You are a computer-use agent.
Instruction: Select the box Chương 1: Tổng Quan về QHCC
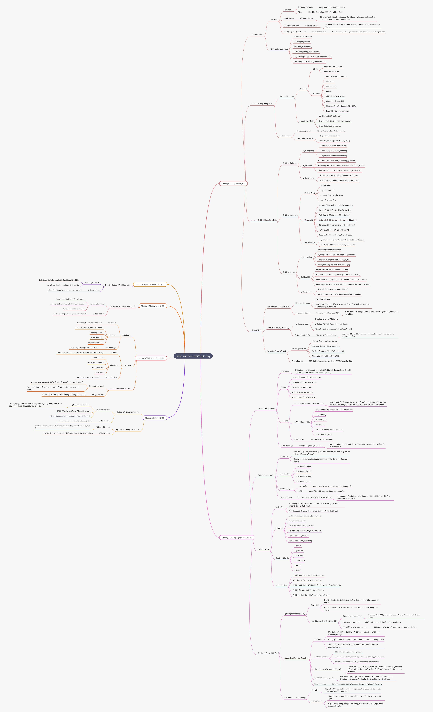(x=233, y=183)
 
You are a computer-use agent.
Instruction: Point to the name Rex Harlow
(x=288, y=10)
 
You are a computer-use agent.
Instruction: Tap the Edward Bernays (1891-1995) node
(x=278, y=328)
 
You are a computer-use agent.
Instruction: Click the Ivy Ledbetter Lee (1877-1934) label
(x=278, y=307)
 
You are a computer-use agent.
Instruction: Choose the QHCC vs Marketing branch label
(x=290, y=163)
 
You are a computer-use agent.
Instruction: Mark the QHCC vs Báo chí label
(x=289, y=272)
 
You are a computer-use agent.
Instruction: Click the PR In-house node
(x=126, y=335)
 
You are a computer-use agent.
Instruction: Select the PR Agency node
(x=127, y=365)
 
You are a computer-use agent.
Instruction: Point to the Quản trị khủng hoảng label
(x=266, y=475)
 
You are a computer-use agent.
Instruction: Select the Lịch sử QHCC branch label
(x=256, y=330)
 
